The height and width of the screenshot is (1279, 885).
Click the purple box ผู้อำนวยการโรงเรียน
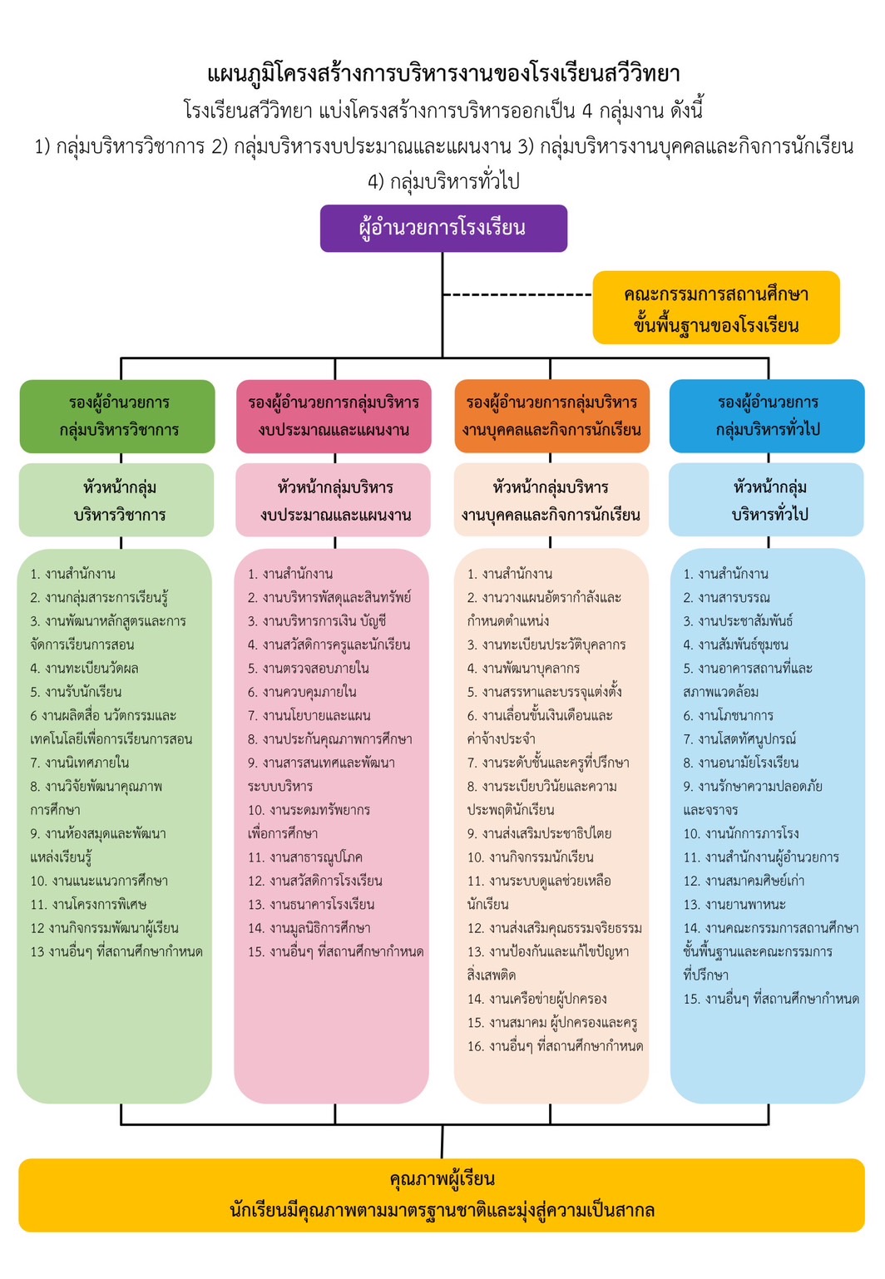[x=443, y=229]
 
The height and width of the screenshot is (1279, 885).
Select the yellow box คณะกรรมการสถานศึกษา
[x=716, y=308]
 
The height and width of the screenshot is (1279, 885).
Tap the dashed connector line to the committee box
[x=517, y=294]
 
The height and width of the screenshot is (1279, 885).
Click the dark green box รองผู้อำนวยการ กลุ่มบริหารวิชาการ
[x=117, y=417]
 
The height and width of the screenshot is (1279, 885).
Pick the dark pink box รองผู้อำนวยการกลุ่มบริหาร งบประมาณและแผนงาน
[x=334, y=417]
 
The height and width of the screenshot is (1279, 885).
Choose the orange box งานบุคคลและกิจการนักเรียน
[x=551, y=417]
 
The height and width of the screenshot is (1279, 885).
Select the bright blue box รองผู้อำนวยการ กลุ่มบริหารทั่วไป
[x=767, y=417]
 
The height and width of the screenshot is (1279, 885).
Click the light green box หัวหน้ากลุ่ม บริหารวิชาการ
[x=116, y=500]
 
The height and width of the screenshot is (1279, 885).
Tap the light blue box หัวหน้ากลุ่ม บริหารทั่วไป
[x=766, y=500]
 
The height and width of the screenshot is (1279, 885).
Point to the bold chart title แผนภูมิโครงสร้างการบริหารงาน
[x=443, y=74]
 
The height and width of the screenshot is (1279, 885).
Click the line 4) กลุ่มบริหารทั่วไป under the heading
[x=443, y=181]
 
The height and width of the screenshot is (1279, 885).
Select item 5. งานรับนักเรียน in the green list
[x=76, y=692]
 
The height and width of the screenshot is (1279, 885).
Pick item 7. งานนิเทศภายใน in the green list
[x=80, y=763]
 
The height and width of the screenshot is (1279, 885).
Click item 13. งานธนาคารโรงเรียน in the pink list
[x=311, y=905]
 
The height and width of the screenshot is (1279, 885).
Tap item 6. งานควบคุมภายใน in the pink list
[x=302, y=692]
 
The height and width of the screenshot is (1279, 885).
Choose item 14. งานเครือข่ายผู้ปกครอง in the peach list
[x=537, y=1000]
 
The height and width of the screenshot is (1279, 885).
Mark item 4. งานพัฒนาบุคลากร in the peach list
[x=523, y=668]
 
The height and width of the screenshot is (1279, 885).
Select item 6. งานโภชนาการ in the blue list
[x=729, y=715]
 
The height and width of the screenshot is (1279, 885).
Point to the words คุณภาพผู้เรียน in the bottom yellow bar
[x=442, y=1178]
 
